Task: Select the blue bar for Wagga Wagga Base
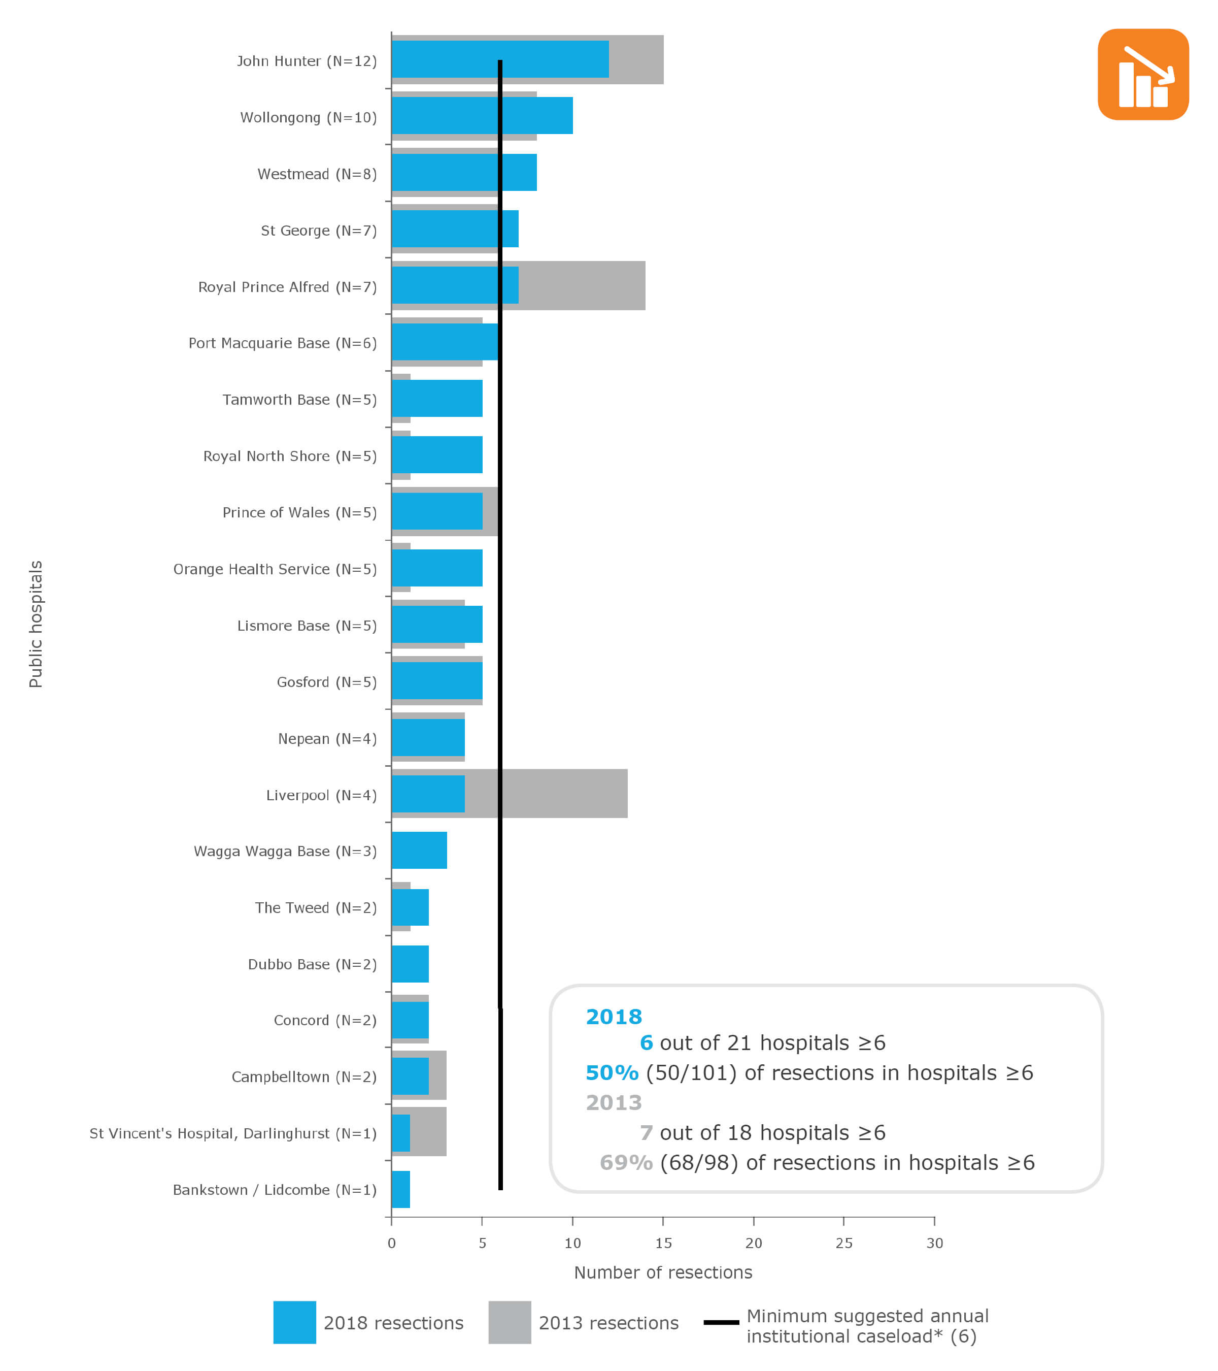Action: click(419, 850)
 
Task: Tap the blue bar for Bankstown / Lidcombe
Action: click(400, 1189)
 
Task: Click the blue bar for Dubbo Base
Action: click(410, 963)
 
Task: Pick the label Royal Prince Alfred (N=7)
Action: click(287, 287)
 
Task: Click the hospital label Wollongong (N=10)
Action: click(309, 117)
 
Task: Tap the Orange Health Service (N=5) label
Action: click(275, 569)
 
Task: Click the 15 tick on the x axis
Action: click(663, 1243)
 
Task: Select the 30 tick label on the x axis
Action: click(934, 1243)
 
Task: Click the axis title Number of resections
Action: click(663, 1272)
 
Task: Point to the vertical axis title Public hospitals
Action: click(36, 624)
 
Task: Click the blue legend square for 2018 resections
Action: click(294, 1322)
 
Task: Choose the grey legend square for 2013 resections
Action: click(510, 1322)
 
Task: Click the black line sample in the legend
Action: click(721, 1322)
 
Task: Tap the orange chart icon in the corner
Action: click(1143, 75)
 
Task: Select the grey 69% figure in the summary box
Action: click(625, 1162)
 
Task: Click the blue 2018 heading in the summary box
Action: click(614, 1017)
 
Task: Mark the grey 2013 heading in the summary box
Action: click(614, 1103)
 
